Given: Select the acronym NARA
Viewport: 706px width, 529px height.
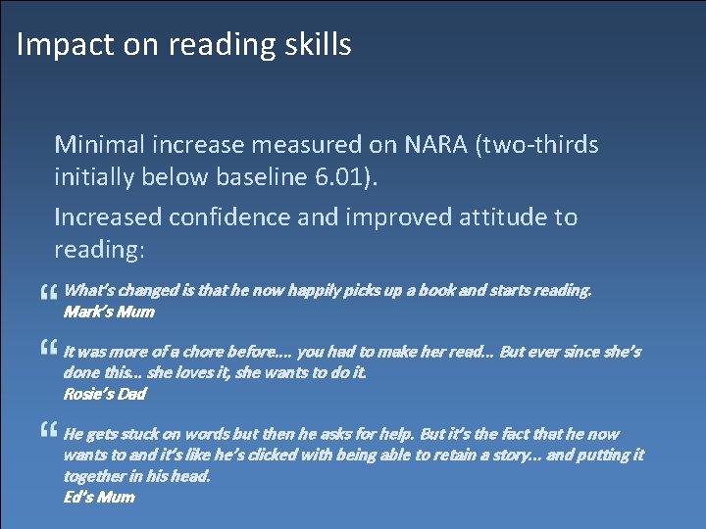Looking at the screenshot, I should coord(435,145).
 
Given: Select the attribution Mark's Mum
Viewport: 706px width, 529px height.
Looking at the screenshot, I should coord(109,313).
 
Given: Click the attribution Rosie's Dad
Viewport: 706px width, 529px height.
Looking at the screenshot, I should coord(104,394).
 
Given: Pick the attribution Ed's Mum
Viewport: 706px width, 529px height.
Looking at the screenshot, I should coord(99,497).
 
